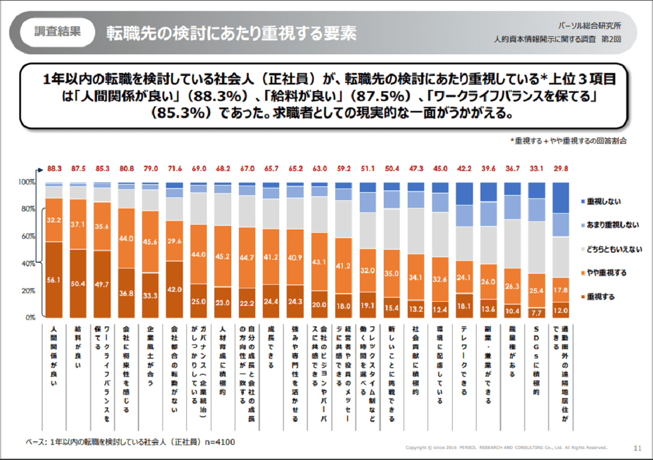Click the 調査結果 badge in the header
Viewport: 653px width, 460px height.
(57, 32)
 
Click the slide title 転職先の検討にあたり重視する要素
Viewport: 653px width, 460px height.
(231, 33)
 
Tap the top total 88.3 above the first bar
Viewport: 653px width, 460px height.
(54, 169)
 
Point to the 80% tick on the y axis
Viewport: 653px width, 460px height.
(27, 209)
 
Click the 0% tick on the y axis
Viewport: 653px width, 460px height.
(30, 318)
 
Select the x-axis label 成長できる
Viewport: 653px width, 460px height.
(270, 347)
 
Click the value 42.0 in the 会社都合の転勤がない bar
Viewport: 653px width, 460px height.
(175, 288)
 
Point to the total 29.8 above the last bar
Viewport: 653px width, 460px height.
(560, 169)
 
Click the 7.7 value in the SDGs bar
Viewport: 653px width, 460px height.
(536, 312)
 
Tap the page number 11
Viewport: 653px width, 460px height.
(637, 448)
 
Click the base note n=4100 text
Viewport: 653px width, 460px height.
(130, 442)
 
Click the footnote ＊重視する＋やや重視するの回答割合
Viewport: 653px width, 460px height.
(568, 141)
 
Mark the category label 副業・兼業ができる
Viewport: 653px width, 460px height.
(488, 365)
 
